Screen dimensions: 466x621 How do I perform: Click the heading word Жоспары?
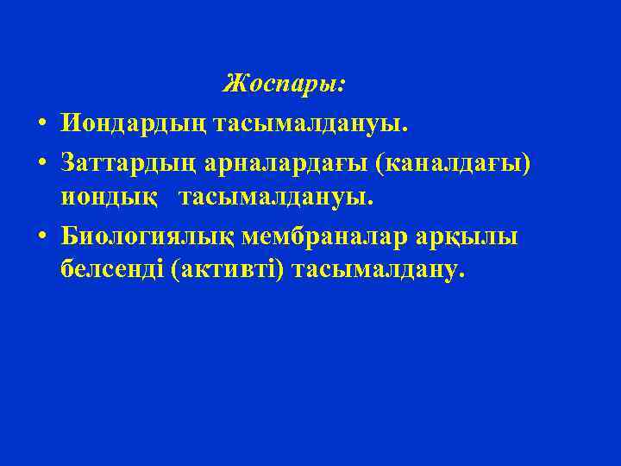tap(281, 85)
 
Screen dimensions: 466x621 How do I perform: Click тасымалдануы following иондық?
tap(276, 198)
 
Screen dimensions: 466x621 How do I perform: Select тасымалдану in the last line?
tap(378, 272)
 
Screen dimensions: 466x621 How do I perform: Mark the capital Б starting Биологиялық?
tap(70, 236)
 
